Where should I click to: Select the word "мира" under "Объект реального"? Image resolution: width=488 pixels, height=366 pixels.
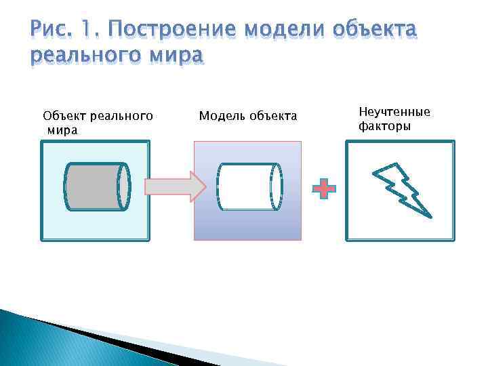(x=63, y=129)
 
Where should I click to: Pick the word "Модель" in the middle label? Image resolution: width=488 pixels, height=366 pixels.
(x=221, y=116)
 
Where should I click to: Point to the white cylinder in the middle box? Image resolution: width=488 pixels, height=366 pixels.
(x=247, y=187)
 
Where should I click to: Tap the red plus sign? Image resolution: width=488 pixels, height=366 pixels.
(x=324, y=189)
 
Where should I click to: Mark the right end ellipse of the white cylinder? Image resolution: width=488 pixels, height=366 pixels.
(x=277, y=187)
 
